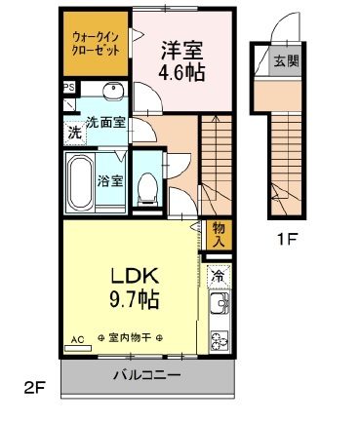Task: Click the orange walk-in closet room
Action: click(x=96, y=44)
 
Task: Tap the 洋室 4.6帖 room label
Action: click(x=182, y=61)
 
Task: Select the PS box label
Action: click(x=69, y=88)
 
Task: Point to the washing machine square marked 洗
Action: click(x=75, y=133)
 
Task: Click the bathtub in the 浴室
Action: click(x=80, y=181)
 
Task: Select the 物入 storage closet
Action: click(x=219, y=235)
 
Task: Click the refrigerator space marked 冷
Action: click(x=220, y=276)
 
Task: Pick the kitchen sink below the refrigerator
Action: click(x=220, y=303)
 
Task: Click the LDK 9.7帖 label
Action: click(x=135, y=288)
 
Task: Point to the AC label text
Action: click(x=77, y=340)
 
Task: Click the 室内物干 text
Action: click(x=130, y=338)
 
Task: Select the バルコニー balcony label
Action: click(x=147, y=375)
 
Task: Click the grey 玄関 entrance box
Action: click(x=285, y=60)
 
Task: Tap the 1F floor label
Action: click(x=286, y=240)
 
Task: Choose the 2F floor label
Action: click(x=34, y=387)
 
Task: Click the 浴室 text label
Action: click(x=110, y=181)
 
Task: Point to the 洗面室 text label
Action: click(x=106, y=123)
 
